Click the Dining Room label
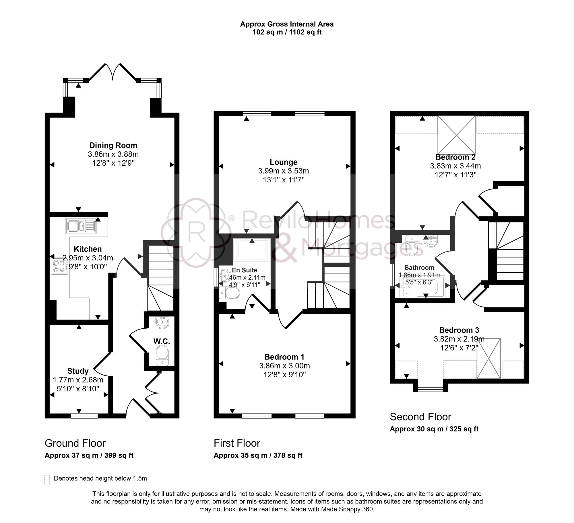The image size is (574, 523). pyautogui.click(x=113, y=145)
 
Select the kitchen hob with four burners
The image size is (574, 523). pyautogui.click(x=60, y=266)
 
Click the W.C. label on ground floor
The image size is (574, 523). pyautogui.click(x=162, y=341)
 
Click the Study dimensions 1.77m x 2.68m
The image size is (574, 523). pyautogui.click(x=78, y=380)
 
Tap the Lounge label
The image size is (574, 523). pyautogui.click(x=283, y=162)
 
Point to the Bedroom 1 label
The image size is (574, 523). pyautogui.click(x=284, y=357)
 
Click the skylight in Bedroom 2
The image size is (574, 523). pyautogui.click(x=456, y=135)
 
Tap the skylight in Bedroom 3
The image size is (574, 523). pyautogui.click(x=488, y=358)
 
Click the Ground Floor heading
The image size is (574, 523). pyautogui.click(x=75, y=443)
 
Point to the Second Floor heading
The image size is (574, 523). pyautogui.click(x=420, y=417)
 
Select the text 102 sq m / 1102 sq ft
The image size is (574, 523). pyautogui.click(x=287, y=32)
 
